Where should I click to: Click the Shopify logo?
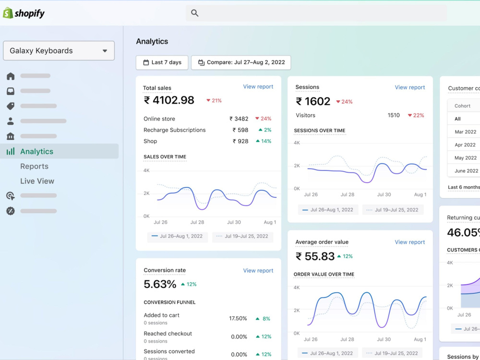pyautogui.click(x=24, y=13)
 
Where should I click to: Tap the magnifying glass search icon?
pyautogui.click(x=195, y=13)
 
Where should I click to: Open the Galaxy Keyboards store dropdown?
pyautogui.click(x=59, y=50)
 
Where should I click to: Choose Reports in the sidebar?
pyautogui.click(x=34, y=166)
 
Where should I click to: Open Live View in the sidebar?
pyautogui.click(x=37, y=181)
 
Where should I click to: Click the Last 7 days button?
pyautogui.click(x=162, y=62)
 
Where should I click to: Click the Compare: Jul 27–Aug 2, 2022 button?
pyautogui.click(x=241, y=62)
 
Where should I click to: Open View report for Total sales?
pyautogui.click(x=258, y=86)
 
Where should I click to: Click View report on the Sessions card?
pyautogui.click(x=409, y=87)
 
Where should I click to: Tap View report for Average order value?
pyautogui.click(x=409, y=242)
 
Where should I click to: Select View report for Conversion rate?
pyautogui.click(x=258, y=271)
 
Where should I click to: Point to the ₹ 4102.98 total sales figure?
pyautogui.click(x=169, y=100)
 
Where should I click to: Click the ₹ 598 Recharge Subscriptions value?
pyautogui.click(x=240, y=130)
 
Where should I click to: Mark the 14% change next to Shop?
pyautogui.click(x=264, y=141)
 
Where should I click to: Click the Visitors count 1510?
pyautogui.click(x=394, y=115)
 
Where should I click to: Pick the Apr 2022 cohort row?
pyautogui.click(x=465, y=145)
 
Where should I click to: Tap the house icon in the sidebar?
pyautogui.click(x=11, y=76)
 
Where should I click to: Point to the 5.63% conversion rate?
pyautogui.click(x=160, y=284)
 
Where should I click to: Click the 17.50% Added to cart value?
pyautogui.click(x=238, y=319)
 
